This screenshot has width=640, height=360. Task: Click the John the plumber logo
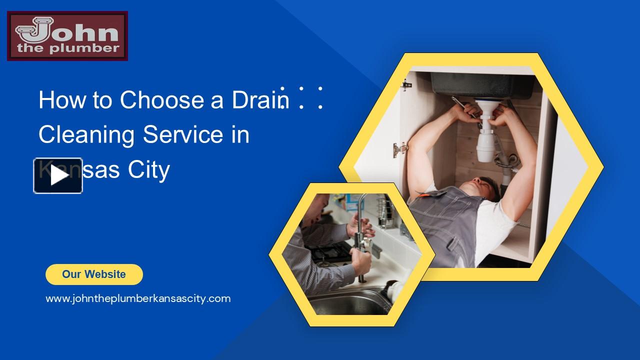67,36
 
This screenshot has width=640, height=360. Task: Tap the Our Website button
94,274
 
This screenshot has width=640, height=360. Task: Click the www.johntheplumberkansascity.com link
138,299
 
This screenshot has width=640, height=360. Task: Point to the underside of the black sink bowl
480,85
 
